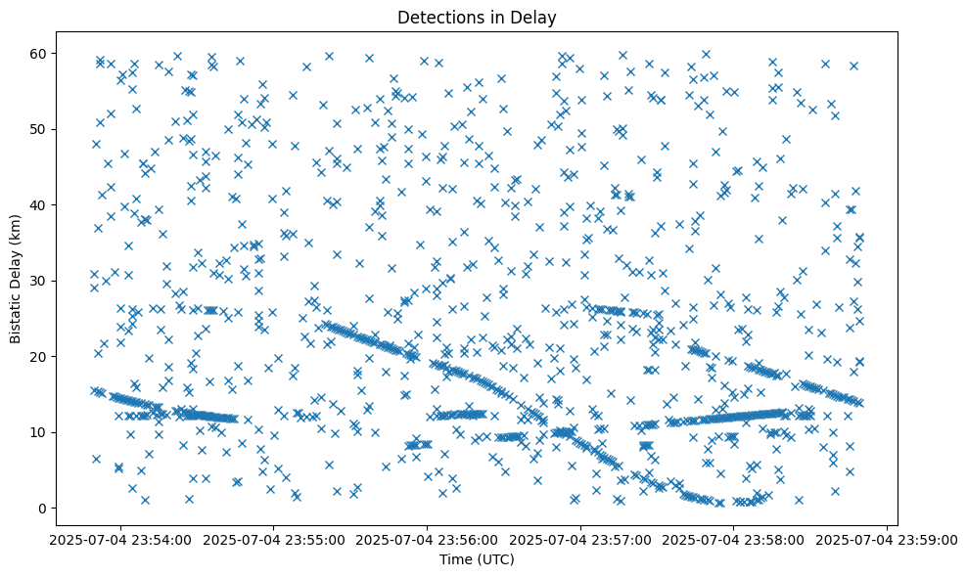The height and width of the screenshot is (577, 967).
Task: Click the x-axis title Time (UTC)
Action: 476,559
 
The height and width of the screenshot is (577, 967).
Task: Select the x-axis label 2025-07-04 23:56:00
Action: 427,539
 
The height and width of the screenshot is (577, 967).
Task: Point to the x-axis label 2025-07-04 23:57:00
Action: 580,539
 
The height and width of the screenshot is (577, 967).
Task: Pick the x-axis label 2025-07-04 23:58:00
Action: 734,539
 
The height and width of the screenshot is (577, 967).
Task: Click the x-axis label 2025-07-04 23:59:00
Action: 887,539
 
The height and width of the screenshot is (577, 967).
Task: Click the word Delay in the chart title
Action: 535,17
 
